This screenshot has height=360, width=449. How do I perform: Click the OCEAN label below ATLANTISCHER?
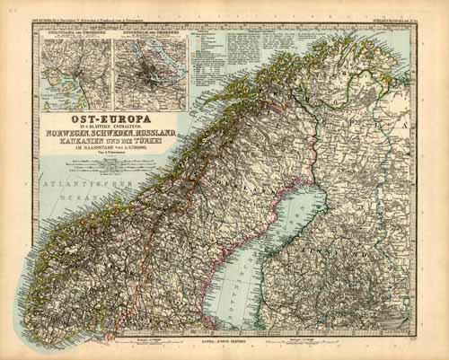(x=71, y=195)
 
